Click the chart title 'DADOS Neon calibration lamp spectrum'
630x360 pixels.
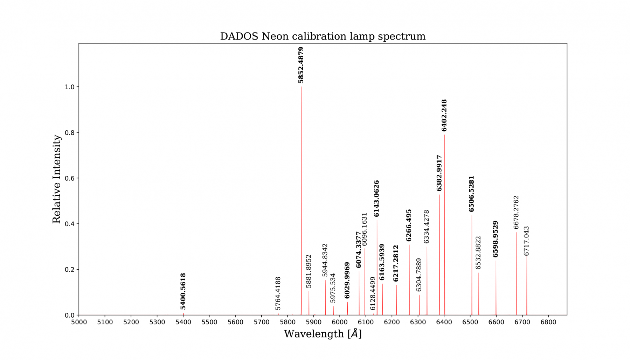[x=323, y=36]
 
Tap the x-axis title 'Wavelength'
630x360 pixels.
[x=323, y=334]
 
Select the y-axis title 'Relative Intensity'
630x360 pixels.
[x=57, y=179]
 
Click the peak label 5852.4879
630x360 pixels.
[x=301, y=65]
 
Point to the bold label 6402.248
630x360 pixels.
[x=444, y=116]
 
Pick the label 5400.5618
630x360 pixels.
[x=183, y=291]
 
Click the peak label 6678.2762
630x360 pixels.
[x=516, y=212]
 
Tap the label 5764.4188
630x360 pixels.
[x=278, y=293]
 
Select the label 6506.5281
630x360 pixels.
[x=471, y=194]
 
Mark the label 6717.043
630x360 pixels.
[x=526, y=241]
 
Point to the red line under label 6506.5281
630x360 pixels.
[x=472, y=266]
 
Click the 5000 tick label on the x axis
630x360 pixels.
[x=79, y=322]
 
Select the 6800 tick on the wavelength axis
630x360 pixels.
[x=548, y=322]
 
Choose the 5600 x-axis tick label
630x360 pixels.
[x=235, y=322]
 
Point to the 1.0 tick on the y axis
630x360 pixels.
[x=69, y=87]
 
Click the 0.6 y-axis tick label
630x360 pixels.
[x=69, y=178]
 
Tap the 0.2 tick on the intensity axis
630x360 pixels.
[x=69, y=270]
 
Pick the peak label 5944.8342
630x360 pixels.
[x=325, y=260]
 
